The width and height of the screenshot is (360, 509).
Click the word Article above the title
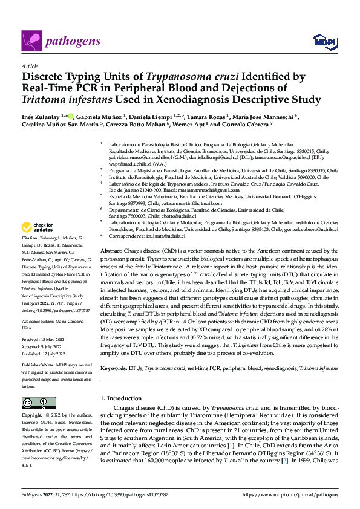pyautogui.click(x=30, y=65)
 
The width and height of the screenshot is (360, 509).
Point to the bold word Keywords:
pyautogui.click(x=114, y=368)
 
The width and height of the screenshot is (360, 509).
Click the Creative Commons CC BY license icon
pyautogui.click(x=34, y=403)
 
